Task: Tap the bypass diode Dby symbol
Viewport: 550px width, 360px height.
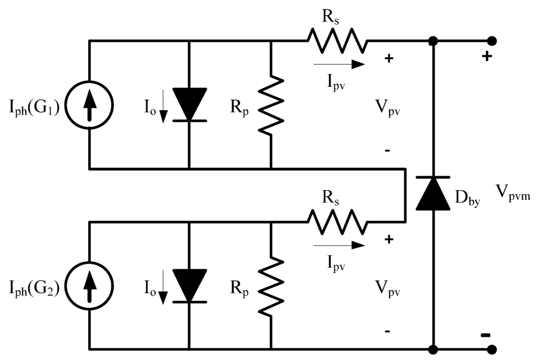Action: [x=433, y=193]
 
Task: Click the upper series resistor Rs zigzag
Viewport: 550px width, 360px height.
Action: [x=337, y=41]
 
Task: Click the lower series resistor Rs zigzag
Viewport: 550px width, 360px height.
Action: [x=337, y=222]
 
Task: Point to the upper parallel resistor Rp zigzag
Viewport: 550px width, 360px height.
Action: [x=271, y=105]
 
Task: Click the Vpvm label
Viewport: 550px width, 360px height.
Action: [x=512, y=192]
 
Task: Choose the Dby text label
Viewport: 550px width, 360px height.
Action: [x=467, y=199]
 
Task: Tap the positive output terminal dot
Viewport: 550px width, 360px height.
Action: [x=490, y=41]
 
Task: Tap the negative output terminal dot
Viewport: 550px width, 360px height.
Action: [x=490, y=349]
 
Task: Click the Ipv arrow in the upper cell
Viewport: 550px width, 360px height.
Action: [x=338, y=64]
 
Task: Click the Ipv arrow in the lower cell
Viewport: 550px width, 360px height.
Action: [x=338, y=246]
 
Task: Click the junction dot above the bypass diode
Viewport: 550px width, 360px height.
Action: [x=433, y=41]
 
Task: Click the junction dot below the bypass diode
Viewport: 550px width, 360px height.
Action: [x=433, y=349]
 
